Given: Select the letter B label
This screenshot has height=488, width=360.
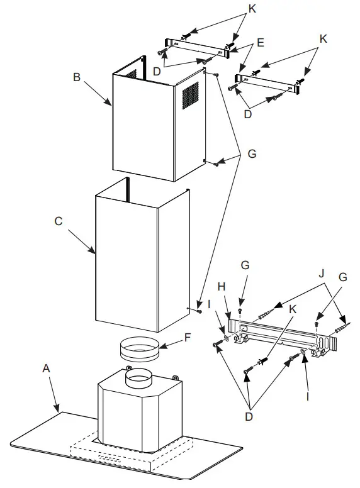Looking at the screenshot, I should point(76,77).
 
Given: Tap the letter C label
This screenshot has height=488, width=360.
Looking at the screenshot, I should point(59,221).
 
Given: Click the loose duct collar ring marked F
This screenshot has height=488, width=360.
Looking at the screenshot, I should point(139,348).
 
